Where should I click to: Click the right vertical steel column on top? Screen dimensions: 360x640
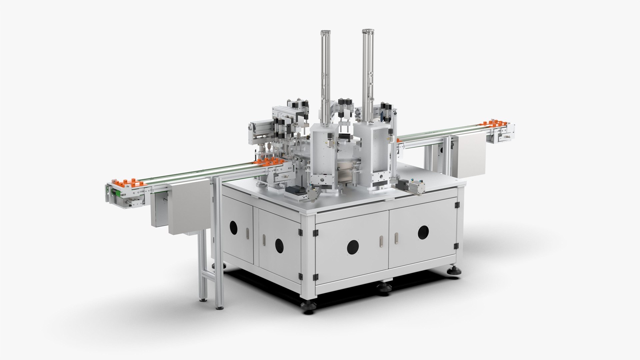(367, 73)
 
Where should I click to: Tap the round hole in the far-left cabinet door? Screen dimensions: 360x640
(234, 228)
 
